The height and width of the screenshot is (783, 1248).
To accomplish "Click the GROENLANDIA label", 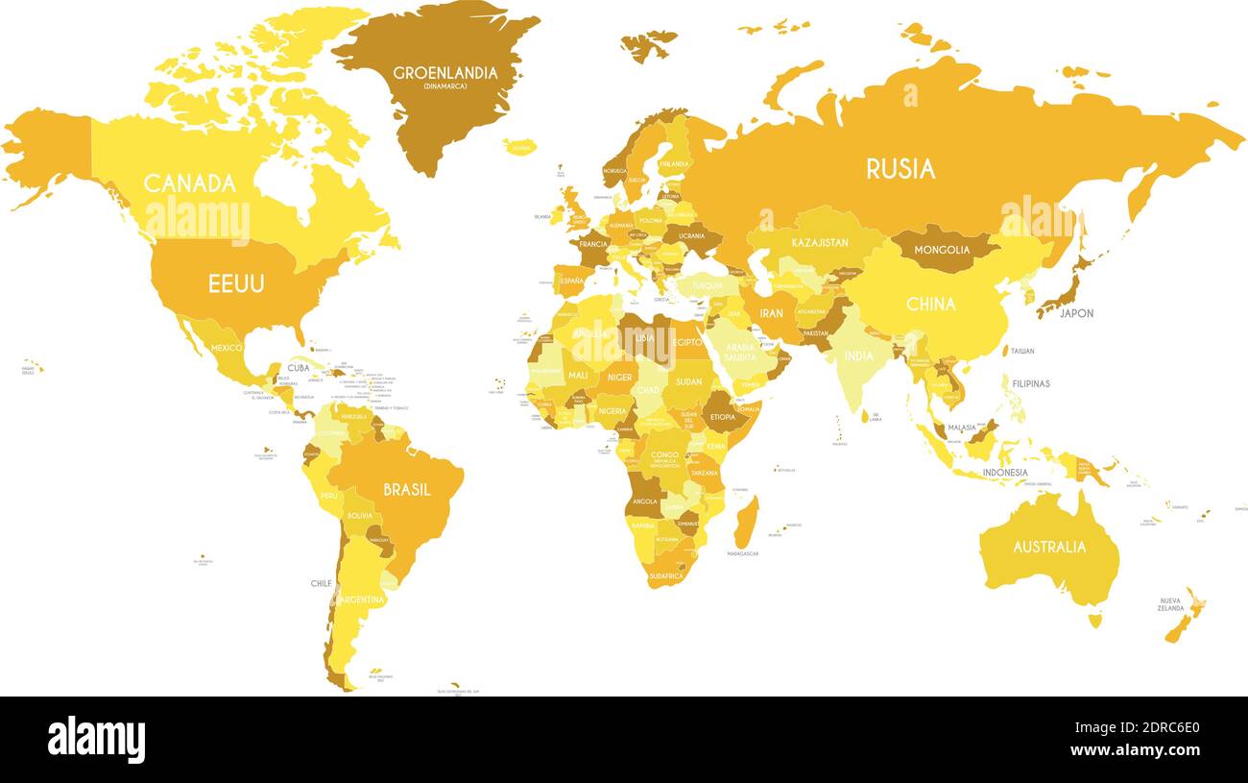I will point(445,73).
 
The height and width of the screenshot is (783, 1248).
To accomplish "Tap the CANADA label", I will point(190,183).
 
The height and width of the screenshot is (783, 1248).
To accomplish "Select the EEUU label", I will point(236,283).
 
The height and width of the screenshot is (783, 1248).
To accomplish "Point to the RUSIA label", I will point(900,169).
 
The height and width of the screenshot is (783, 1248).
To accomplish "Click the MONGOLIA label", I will point(942,251).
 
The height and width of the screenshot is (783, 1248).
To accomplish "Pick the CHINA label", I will point(930,304).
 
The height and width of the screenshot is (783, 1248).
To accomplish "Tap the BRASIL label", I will point(407,489).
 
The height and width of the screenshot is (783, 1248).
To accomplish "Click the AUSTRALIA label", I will point(1049,547).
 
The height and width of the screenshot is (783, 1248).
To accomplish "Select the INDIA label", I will point(858,355).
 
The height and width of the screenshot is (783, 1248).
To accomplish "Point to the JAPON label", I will point(1076,313).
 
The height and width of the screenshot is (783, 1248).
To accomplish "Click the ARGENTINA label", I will point(361,599).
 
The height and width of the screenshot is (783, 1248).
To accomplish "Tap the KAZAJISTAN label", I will point(820,243).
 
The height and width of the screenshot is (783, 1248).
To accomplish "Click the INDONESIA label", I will point(1004,473).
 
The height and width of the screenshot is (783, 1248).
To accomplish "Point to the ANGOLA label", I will point(644,502).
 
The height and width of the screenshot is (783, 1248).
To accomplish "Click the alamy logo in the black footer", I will point(96,740).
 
